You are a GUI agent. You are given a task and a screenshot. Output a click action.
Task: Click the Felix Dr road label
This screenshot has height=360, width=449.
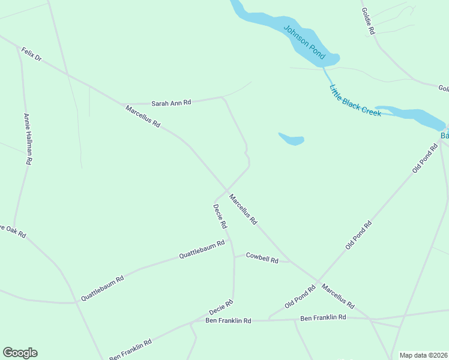click(x=31, y=55)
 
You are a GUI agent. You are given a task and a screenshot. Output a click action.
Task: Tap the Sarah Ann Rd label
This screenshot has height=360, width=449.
click(x=171, y=103)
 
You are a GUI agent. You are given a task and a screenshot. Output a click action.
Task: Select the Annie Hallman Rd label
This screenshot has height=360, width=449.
click(x=28, y=139)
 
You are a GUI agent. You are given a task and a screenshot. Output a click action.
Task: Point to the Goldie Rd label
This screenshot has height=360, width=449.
click(x=368, y=20)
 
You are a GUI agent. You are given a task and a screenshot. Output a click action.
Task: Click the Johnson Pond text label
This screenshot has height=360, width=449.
click(x=304, y=42)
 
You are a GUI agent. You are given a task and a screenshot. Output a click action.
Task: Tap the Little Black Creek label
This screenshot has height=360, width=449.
click(x=355, y=101)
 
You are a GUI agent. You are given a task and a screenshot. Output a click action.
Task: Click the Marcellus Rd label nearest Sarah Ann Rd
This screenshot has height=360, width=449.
click(x=143, y=116)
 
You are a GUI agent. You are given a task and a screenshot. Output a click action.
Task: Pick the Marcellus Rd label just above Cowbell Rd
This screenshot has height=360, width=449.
click(x=243, y=209)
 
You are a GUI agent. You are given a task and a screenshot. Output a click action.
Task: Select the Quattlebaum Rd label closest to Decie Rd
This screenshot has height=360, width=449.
click(x=202, y=250)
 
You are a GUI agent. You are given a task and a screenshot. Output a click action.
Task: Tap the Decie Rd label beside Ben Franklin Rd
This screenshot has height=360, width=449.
click(x=221, y=308)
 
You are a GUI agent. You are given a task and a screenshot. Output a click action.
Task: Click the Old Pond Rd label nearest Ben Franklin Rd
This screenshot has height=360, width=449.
click(x=300, y=297)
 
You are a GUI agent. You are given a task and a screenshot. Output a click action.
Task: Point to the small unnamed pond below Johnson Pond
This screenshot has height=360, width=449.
click(x=292, y=140)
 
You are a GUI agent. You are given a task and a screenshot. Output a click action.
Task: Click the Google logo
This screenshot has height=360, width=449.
click(x=20, y=353)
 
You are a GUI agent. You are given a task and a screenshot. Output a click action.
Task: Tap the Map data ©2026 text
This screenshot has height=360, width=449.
click(x=423, y=355)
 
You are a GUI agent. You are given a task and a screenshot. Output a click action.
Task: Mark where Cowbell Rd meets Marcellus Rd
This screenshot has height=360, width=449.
click(x=290, y=262)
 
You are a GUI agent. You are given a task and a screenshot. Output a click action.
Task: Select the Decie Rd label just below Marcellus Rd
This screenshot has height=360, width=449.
click(x=220, y=217)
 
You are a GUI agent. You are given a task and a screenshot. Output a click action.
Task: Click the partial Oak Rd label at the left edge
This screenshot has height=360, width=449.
click(x=13, y=231)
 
